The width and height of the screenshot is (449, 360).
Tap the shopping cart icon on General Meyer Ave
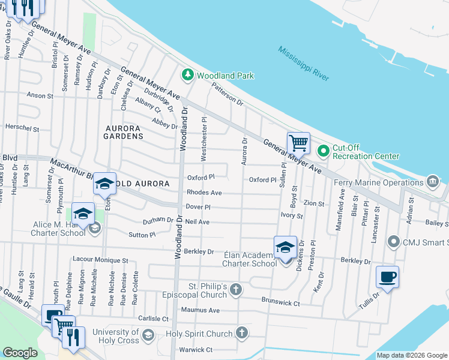click(x=298, y=143)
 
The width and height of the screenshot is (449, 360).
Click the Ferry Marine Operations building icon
click(x=433, y=181)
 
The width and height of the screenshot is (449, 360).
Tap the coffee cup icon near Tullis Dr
click(x=387, y=277)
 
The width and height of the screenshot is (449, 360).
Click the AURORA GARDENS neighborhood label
click(x=124, y=132)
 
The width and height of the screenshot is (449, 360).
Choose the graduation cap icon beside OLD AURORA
click(x=104, y=183)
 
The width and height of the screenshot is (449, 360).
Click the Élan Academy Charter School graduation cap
click(x=285, y=247)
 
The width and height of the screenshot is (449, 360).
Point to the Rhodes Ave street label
click(x=204, y=193)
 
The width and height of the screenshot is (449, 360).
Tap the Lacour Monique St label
click(x=100, y=260)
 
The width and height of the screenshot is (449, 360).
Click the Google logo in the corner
click(x=20, y=353)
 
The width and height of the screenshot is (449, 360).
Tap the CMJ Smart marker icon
click(x=393, y=242)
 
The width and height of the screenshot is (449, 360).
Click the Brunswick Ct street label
click(x=280, y=304)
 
